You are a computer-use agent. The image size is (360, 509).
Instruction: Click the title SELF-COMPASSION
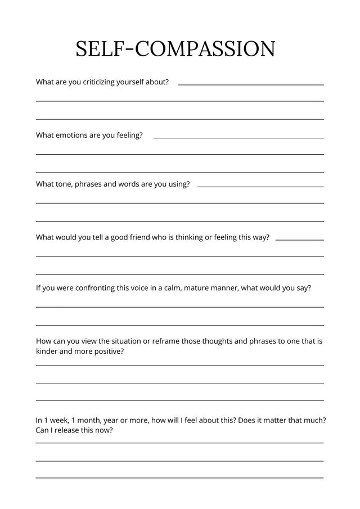click(x=175, y=49)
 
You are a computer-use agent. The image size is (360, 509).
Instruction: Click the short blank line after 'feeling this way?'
click(x=299, y=240)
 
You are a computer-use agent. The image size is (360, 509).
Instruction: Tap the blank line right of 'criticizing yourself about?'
click(x=250, y=85)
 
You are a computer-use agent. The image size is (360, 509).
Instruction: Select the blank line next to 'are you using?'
click(x=260, y=187)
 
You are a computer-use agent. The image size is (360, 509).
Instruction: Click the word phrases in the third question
click(x=89, y=184)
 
